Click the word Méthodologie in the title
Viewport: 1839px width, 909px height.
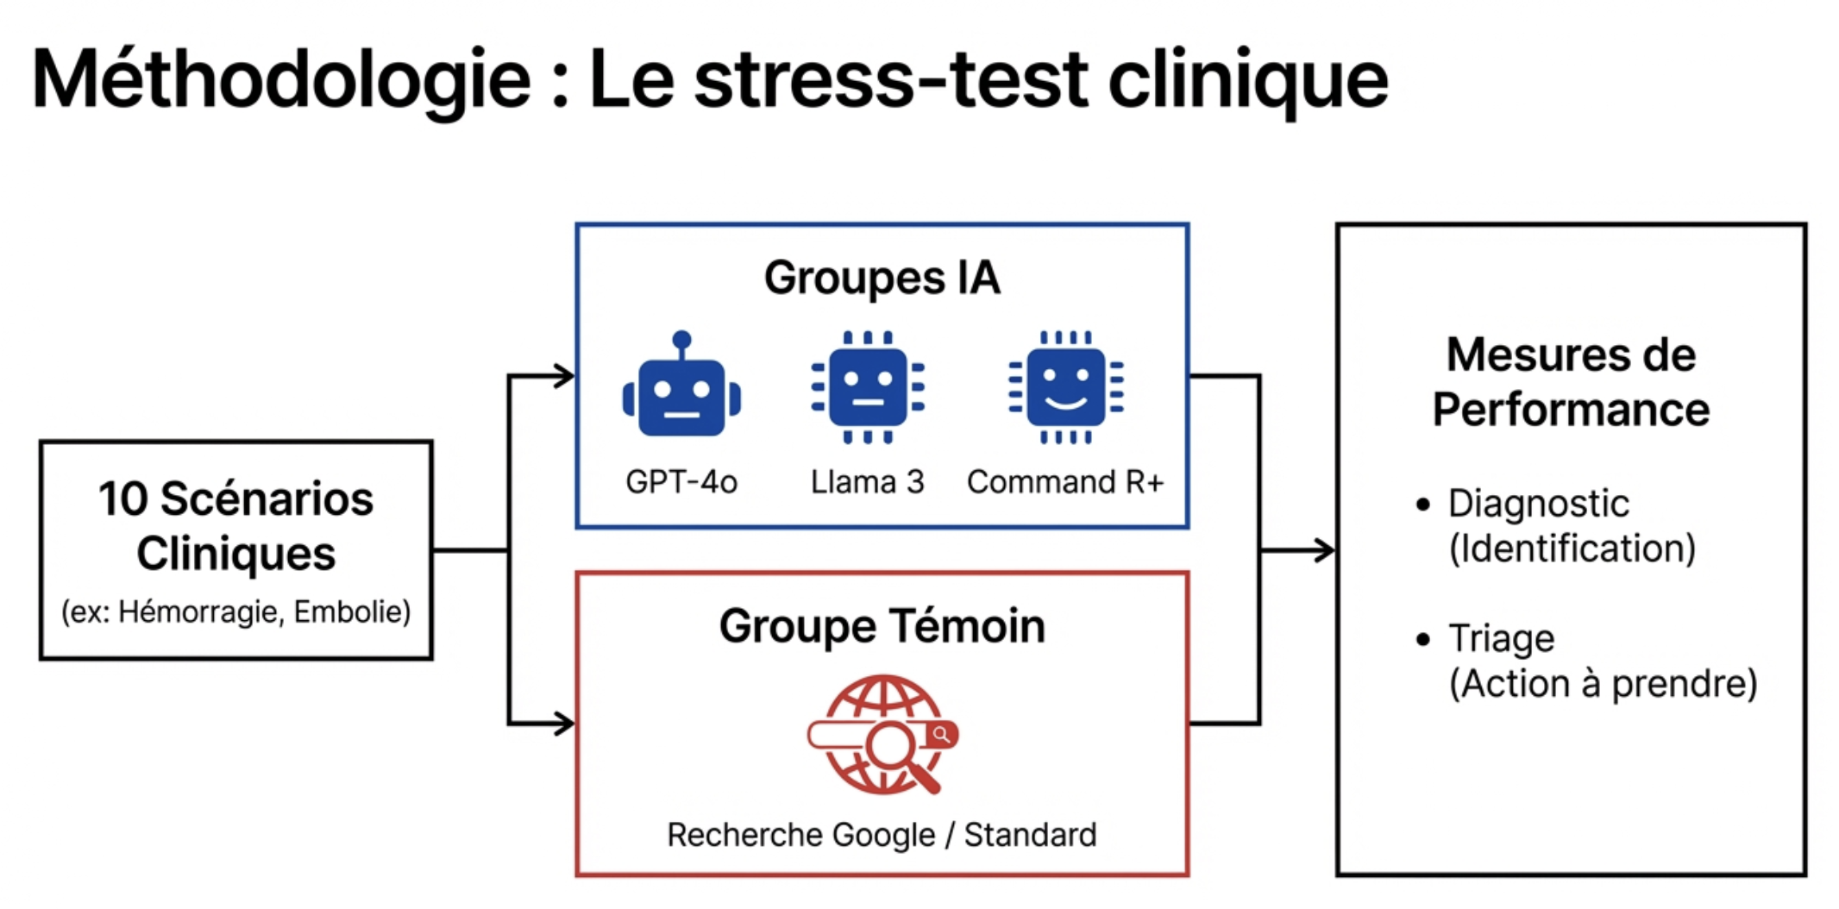click(x=280, y=80)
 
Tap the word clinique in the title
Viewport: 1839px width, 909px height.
click(x=1247, y=80)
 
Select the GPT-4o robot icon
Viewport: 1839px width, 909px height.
click(x=681, y=388)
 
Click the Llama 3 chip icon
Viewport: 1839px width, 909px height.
click(x=868, y=388)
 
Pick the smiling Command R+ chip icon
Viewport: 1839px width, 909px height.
click(x=1066, y=388)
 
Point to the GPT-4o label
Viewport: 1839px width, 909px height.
click(x=681, y=481)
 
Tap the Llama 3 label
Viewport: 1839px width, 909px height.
click(x=867, y=481)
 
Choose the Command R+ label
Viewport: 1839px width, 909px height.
click(x=1065, y=481)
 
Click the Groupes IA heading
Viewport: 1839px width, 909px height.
click(x=882, y=278)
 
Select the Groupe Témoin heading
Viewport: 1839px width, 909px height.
click(x=882, y=625)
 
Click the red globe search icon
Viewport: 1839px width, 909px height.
click(x=882, y=735)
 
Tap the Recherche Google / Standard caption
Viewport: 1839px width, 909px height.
click(x=882, y=835)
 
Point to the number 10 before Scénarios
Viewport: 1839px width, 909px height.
click(x=123, y=499)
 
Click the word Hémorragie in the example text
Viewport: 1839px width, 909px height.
click(x=200, y=612)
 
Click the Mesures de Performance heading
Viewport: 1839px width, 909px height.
click(x=1571, y=382)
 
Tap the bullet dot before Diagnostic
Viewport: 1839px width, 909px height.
click(x=1422, y=505)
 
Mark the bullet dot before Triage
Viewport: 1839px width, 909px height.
click(x=1422, y=640)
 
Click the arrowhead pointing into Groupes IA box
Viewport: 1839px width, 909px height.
click(x=565, y=376)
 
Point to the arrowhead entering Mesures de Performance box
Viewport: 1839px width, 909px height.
click(x=1325, y=550)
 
